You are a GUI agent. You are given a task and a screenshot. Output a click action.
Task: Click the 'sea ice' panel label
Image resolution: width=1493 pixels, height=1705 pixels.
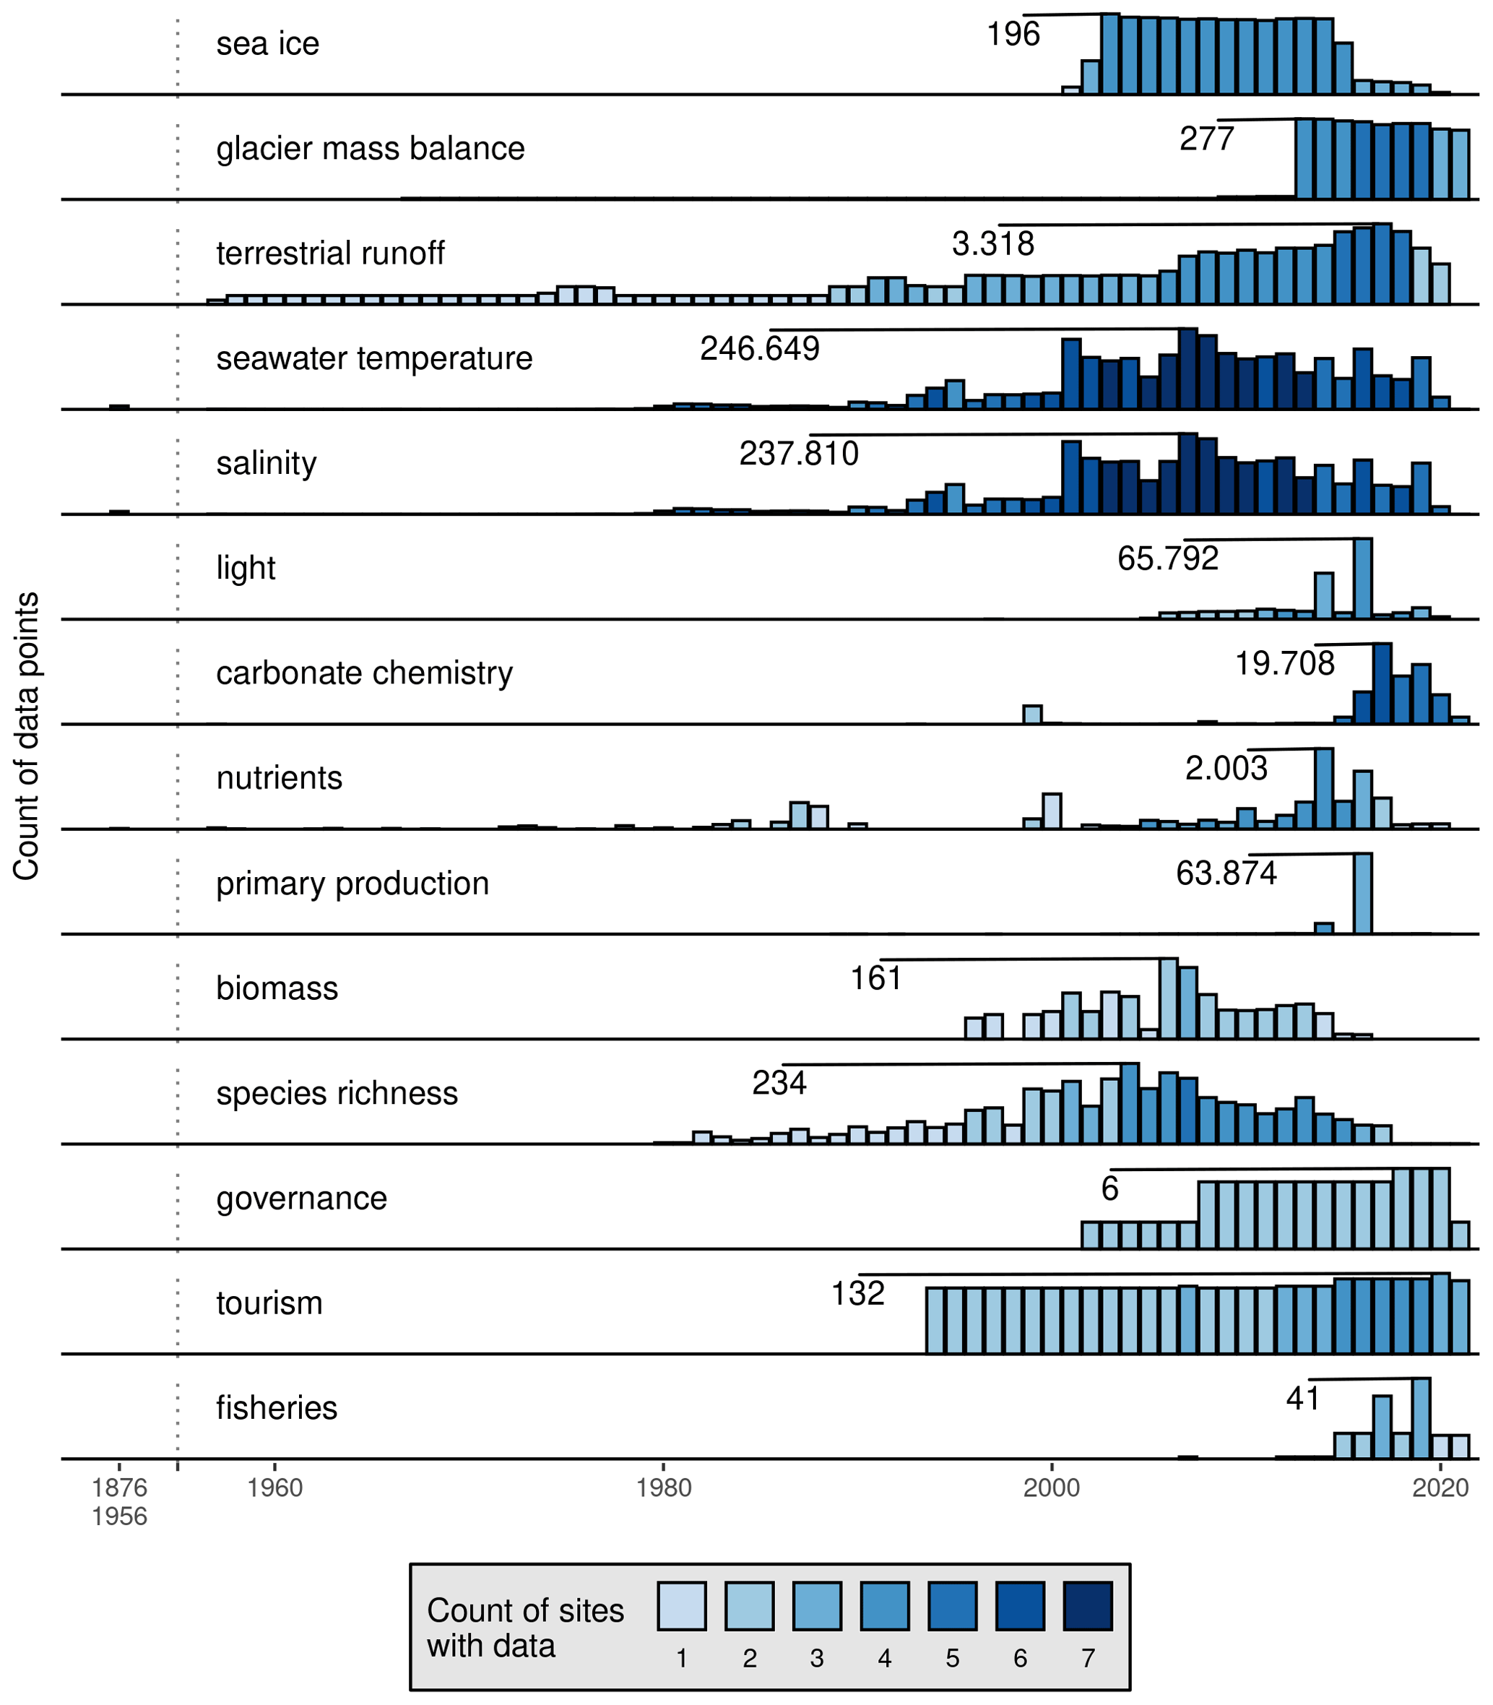(267, 44)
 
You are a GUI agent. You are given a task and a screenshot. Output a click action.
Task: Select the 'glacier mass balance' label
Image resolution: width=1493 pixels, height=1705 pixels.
(370, 149)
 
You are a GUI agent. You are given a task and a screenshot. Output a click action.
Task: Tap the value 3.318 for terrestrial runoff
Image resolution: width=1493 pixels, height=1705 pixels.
(992, 244)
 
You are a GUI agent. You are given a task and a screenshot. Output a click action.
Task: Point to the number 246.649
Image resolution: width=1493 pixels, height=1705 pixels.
(759, 349)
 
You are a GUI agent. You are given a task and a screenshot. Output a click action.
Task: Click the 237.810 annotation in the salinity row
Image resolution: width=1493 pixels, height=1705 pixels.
(798, 454)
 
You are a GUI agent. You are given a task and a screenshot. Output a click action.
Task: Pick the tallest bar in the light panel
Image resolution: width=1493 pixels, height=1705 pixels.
(1362, 579)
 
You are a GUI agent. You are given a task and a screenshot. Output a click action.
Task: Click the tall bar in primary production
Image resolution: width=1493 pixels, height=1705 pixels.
(1362, 894)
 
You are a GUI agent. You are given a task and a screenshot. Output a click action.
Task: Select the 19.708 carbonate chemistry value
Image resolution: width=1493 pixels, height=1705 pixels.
(1284, 664)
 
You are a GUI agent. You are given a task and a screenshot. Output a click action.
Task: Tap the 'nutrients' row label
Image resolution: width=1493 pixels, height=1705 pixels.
(279, 778)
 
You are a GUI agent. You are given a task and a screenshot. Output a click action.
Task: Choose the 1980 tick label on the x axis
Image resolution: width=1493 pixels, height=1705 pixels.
(663, 1488)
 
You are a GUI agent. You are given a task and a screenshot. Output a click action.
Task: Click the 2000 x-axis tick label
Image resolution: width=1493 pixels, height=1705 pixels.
(1052, 1488)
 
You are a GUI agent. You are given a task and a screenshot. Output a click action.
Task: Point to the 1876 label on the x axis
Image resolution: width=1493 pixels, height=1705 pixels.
(119, 1488)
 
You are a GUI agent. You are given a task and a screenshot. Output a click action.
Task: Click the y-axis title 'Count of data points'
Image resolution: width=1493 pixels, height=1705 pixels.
(27, 736)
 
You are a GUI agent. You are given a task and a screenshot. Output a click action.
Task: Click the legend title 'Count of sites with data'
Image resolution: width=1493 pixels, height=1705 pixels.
(525, 1628)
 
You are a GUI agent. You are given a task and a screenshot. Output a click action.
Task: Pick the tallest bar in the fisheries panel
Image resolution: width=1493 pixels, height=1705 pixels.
(1421, 1418)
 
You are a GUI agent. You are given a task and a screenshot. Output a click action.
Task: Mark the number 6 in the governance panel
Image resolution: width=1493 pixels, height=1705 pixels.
(1109, 1189)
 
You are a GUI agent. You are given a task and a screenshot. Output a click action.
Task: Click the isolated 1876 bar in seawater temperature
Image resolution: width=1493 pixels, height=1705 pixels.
(119, 407)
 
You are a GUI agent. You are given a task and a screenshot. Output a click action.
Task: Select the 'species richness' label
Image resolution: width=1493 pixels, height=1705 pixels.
(337, 1093)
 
